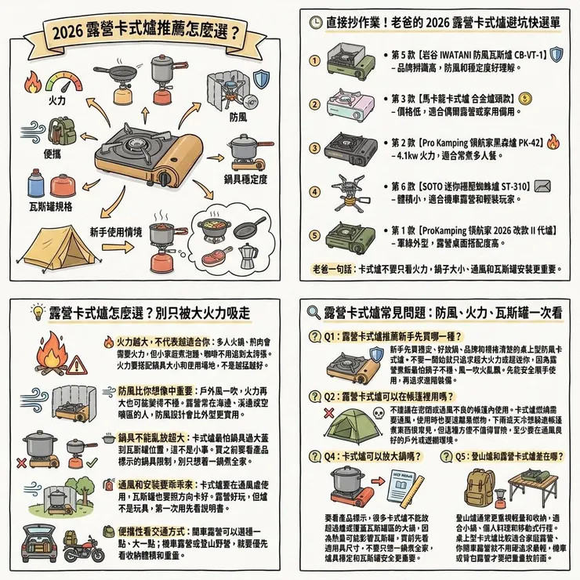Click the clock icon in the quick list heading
tap(313, 24)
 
